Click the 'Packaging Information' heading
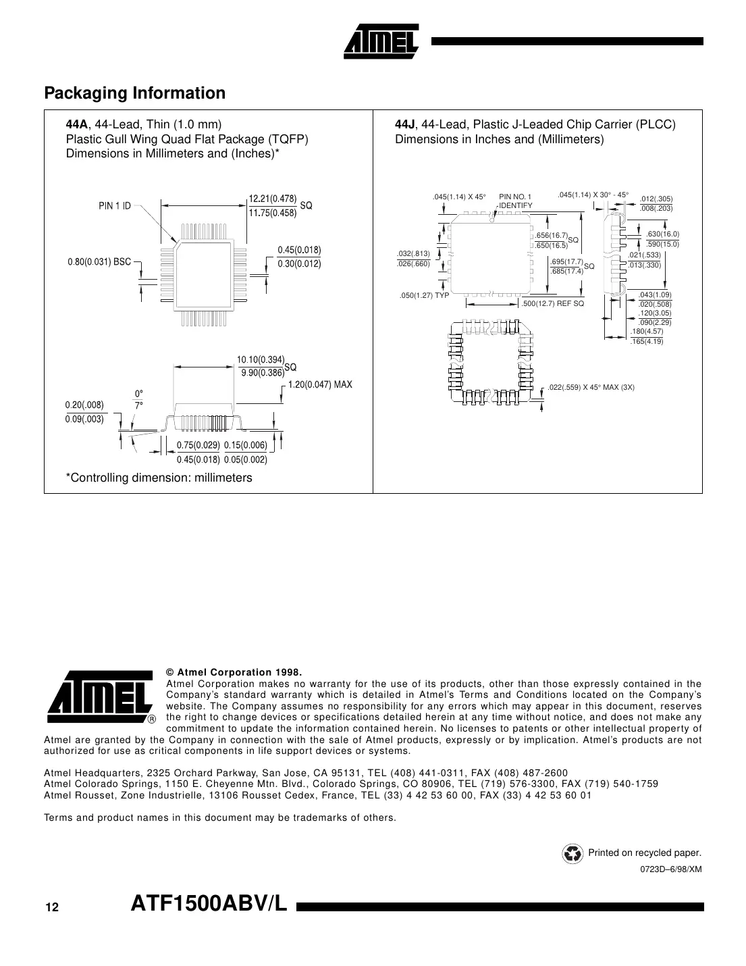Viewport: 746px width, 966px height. click(134, 93)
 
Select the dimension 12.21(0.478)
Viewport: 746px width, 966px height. click(273, 199)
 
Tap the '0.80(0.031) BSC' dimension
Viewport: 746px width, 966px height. click(99, 262)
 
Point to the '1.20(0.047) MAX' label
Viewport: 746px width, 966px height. click(320, 384)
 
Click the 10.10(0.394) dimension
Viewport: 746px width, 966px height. click(261, 359)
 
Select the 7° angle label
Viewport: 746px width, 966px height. click(139, 405)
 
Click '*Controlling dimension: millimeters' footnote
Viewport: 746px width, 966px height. click(159, 478)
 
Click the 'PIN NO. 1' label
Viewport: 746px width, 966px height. click(515, 197)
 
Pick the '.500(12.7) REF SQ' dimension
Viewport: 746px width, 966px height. click(552, 303)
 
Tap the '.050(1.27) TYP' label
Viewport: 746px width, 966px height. click(424, 296)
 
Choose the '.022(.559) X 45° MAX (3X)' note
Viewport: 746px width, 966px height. click(591, 387)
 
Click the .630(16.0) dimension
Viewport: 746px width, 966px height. click(662, 234)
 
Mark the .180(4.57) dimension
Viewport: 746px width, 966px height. click(646, 332)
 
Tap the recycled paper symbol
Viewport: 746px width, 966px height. click(572, 853)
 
